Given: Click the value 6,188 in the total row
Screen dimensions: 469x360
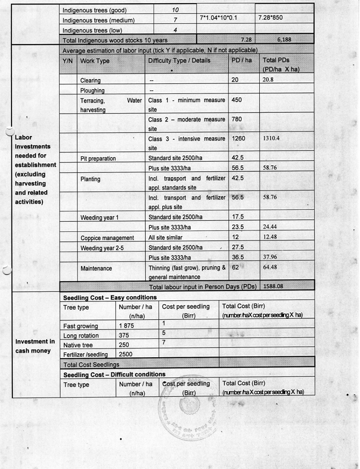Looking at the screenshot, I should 284,39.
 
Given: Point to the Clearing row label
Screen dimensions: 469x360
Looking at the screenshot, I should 90,81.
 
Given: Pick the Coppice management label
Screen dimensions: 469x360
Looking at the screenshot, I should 107,238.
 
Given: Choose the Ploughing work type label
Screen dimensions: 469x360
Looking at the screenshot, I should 92,90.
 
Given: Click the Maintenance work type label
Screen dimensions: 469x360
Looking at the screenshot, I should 96,268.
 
